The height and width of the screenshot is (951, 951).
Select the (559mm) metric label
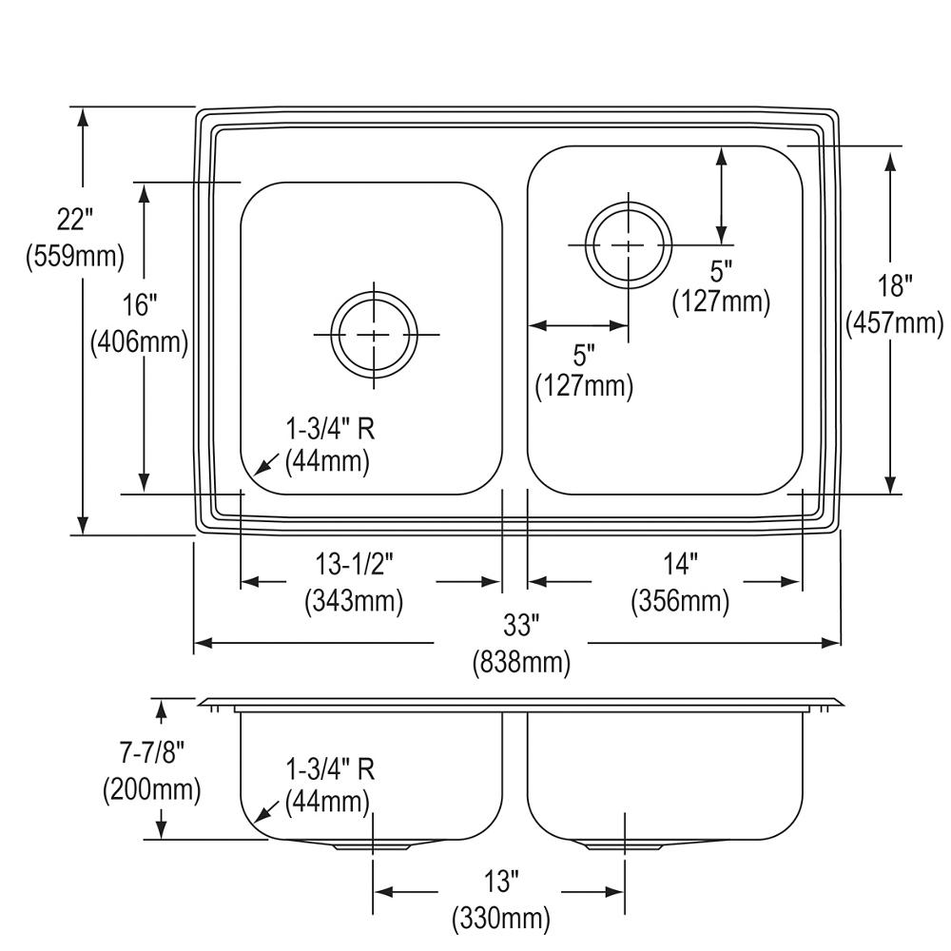click(75, 256)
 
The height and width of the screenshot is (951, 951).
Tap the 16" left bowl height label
click(140, 304)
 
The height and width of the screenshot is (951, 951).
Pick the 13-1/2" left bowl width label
click(354, 565)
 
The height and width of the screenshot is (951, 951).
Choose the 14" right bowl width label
click(681, 565)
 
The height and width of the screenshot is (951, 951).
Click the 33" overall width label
click(521, 626)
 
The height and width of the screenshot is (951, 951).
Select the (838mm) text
click(521, 662)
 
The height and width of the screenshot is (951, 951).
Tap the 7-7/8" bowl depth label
click(151, 754)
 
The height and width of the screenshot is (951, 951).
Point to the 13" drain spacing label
click(501, 882)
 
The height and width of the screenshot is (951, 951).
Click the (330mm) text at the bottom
click(501, 919)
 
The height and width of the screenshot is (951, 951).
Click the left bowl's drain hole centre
click(374, 334)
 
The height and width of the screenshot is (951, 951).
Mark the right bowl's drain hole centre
click(629, 245)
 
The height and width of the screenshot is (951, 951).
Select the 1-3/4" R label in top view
click(331, 430)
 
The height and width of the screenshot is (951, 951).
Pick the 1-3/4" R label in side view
click(331, 769)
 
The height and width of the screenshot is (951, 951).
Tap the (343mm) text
click(354, 601)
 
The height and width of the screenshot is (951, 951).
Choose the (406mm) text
click(140, 342)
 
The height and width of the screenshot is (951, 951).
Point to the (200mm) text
click(151, 789)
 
